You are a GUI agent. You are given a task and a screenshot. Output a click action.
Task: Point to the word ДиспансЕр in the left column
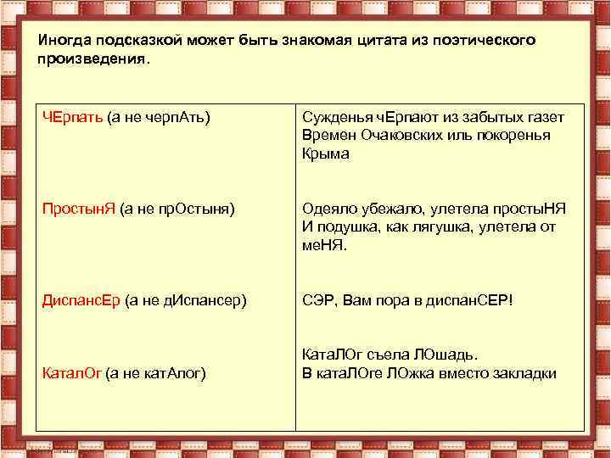[82, 301]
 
